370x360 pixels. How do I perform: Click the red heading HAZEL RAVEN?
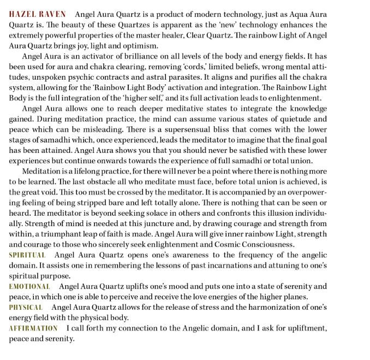click(x=37, y=14)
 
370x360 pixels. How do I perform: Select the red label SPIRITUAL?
click(x=27, y=255)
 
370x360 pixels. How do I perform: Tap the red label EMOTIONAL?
click(x=29, y=286)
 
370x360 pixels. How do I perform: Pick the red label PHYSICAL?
click(x=26, y=307)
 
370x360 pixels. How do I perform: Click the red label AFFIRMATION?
click(x=33, y=328)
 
